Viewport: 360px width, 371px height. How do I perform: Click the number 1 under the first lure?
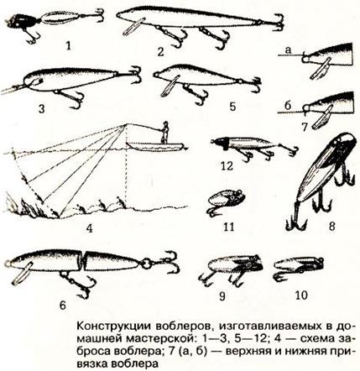68,45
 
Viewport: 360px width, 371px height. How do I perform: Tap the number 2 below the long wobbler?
160,52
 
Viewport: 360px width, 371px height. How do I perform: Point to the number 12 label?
227,166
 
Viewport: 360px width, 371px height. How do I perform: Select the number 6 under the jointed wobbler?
62,305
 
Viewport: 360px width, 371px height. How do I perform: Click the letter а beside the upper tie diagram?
289,50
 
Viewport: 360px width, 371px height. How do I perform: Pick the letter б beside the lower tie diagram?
289,106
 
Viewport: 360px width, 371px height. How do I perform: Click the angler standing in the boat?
165,132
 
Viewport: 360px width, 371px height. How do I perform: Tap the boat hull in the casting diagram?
156,147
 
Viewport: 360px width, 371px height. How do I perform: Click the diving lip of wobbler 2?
134,27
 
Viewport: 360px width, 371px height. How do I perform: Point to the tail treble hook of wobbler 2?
279,23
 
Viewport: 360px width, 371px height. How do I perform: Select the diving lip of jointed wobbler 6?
21,274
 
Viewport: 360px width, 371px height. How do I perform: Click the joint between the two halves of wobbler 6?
84,261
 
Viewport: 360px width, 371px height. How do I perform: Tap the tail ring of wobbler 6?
146,264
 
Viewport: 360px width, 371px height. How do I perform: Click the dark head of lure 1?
16,22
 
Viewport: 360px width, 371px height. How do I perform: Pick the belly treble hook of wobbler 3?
72,98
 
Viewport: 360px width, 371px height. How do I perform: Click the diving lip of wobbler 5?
170,86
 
